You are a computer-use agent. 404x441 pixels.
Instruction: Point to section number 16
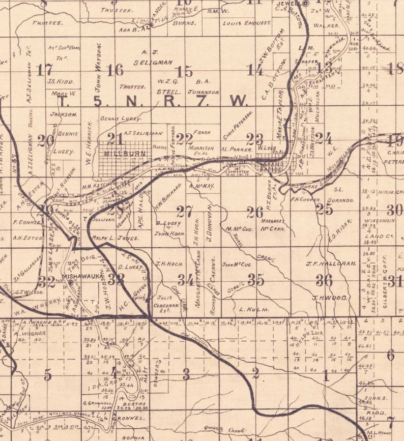[x=115, y=70]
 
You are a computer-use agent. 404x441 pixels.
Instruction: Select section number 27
[x=185, y=211]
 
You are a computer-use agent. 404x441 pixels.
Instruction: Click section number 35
[x=255, y=279]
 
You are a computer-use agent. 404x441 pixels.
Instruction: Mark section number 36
[x=324, y=280]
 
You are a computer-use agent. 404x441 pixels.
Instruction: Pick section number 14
[x=255, y=70]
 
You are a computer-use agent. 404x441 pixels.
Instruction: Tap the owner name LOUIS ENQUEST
[x=247, y=23]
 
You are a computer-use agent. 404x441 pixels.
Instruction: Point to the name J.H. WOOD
[x=330, y=298]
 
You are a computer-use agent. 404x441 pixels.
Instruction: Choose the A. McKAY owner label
[x=202, y=186]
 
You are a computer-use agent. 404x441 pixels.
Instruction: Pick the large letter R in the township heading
[x=169, y=101]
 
